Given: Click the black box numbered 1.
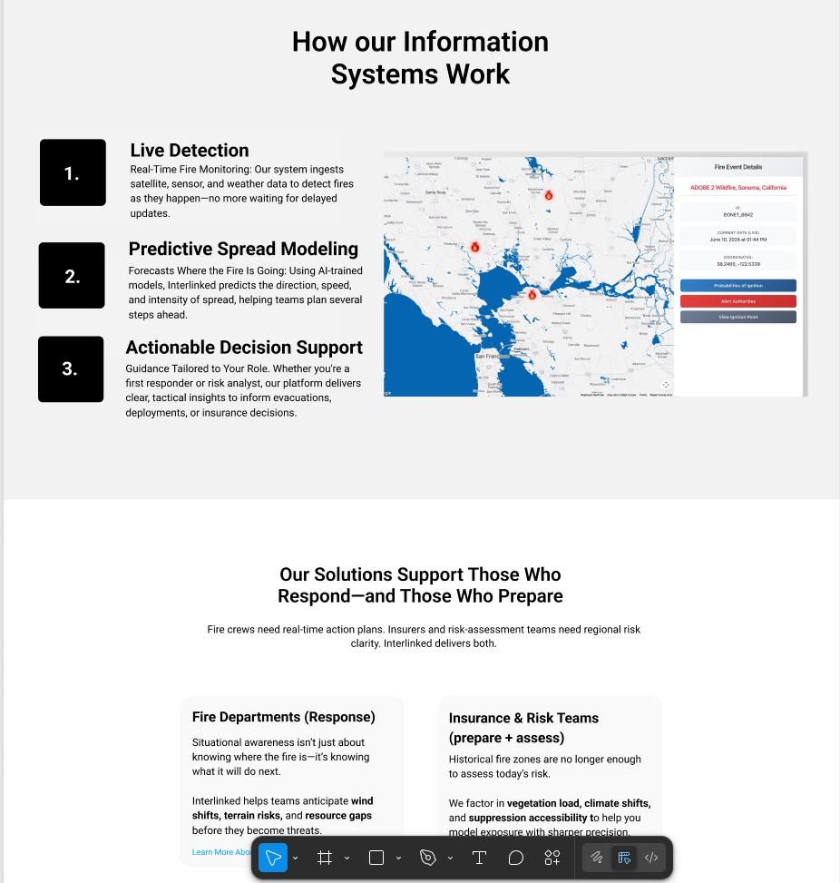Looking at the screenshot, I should coord(73,172).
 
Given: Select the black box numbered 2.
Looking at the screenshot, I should coord(72,276).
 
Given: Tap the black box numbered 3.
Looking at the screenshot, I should coord(71,369).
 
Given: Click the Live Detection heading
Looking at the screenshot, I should coord(189,151).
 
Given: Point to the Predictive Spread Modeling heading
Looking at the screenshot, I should coord(243,249).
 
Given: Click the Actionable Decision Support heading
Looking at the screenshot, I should coord(244,348).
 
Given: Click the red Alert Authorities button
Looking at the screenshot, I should coord(737,301).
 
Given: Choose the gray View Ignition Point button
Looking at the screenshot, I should coord(737,317).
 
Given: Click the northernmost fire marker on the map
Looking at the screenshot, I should coord(549,195).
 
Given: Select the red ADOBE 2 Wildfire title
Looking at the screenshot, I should coord(737,187).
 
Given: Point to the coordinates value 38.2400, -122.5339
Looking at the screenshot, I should coord(737,264).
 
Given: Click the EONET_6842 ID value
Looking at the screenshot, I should coord(737,215).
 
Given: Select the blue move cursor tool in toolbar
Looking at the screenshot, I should coord(273,858).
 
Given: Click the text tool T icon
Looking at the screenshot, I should coord(479,858).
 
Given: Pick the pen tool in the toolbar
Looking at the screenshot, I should coord(428,858).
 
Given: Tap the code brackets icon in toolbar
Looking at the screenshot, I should coord(650,858).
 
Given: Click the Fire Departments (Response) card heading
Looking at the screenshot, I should coord(283,717).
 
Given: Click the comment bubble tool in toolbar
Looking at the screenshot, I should coord(515,858).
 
